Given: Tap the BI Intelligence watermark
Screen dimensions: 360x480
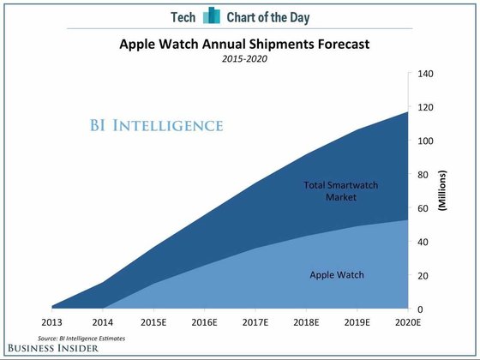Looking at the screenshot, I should [156, 126].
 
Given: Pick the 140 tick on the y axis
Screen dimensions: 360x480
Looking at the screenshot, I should [426, 74].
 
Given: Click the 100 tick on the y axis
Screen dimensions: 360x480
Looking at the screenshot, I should [426, 141].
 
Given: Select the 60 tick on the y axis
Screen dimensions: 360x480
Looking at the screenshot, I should [423, 208].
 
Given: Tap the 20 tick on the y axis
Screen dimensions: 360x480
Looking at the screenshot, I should [423, 275].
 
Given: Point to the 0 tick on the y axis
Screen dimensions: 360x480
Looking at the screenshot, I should [421, 309].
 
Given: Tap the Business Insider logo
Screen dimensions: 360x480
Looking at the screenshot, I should [54, 351].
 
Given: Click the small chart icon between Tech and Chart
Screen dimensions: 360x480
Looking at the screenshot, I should [212, 15].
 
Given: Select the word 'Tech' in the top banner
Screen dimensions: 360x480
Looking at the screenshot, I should [182, 15].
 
